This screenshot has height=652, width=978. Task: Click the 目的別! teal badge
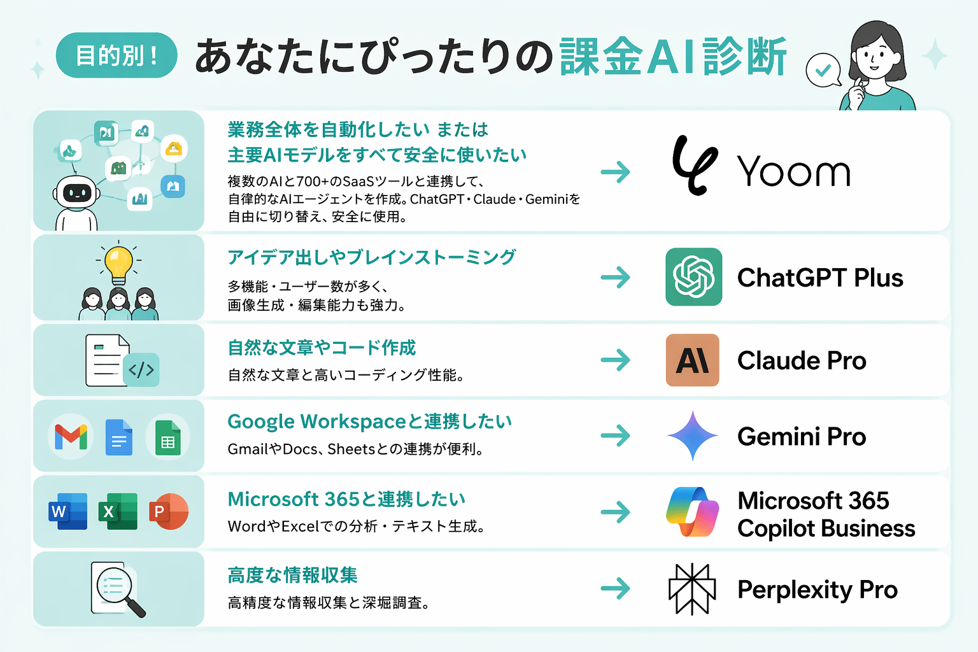[x=117, y=55]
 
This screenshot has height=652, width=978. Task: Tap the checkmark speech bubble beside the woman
[x=823, y=70]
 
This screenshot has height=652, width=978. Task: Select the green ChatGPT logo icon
[x=694, y=277]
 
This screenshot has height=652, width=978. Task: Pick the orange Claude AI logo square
[x=693, y=360]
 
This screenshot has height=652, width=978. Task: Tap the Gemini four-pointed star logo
[x=693, y=436]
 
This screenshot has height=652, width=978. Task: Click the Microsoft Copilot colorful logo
[x=693, y=512]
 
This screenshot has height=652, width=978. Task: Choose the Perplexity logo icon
[x=692, y=589]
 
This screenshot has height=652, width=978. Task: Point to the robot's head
[x=76, y=192]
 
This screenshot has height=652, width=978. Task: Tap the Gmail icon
[x=71, y=437]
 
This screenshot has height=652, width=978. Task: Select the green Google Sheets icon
[x=168, y=437]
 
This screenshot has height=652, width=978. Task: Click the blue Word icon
[x=67, y=511]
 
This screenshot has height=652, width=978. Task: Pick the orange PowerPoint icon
[x=169, y=511]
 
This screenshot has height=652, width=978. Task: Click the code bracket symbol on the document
[x=141, y=370]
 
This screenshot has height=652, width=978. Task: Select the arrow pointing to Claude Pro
[x=616, y=360]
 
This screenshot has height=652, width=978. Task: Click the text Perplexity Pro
[x=818, y=590]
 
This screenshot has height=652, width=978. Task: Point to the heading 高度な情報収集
[x=292, y=575]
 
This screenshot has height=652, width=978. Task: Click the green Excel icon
[x=118, y=511]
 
